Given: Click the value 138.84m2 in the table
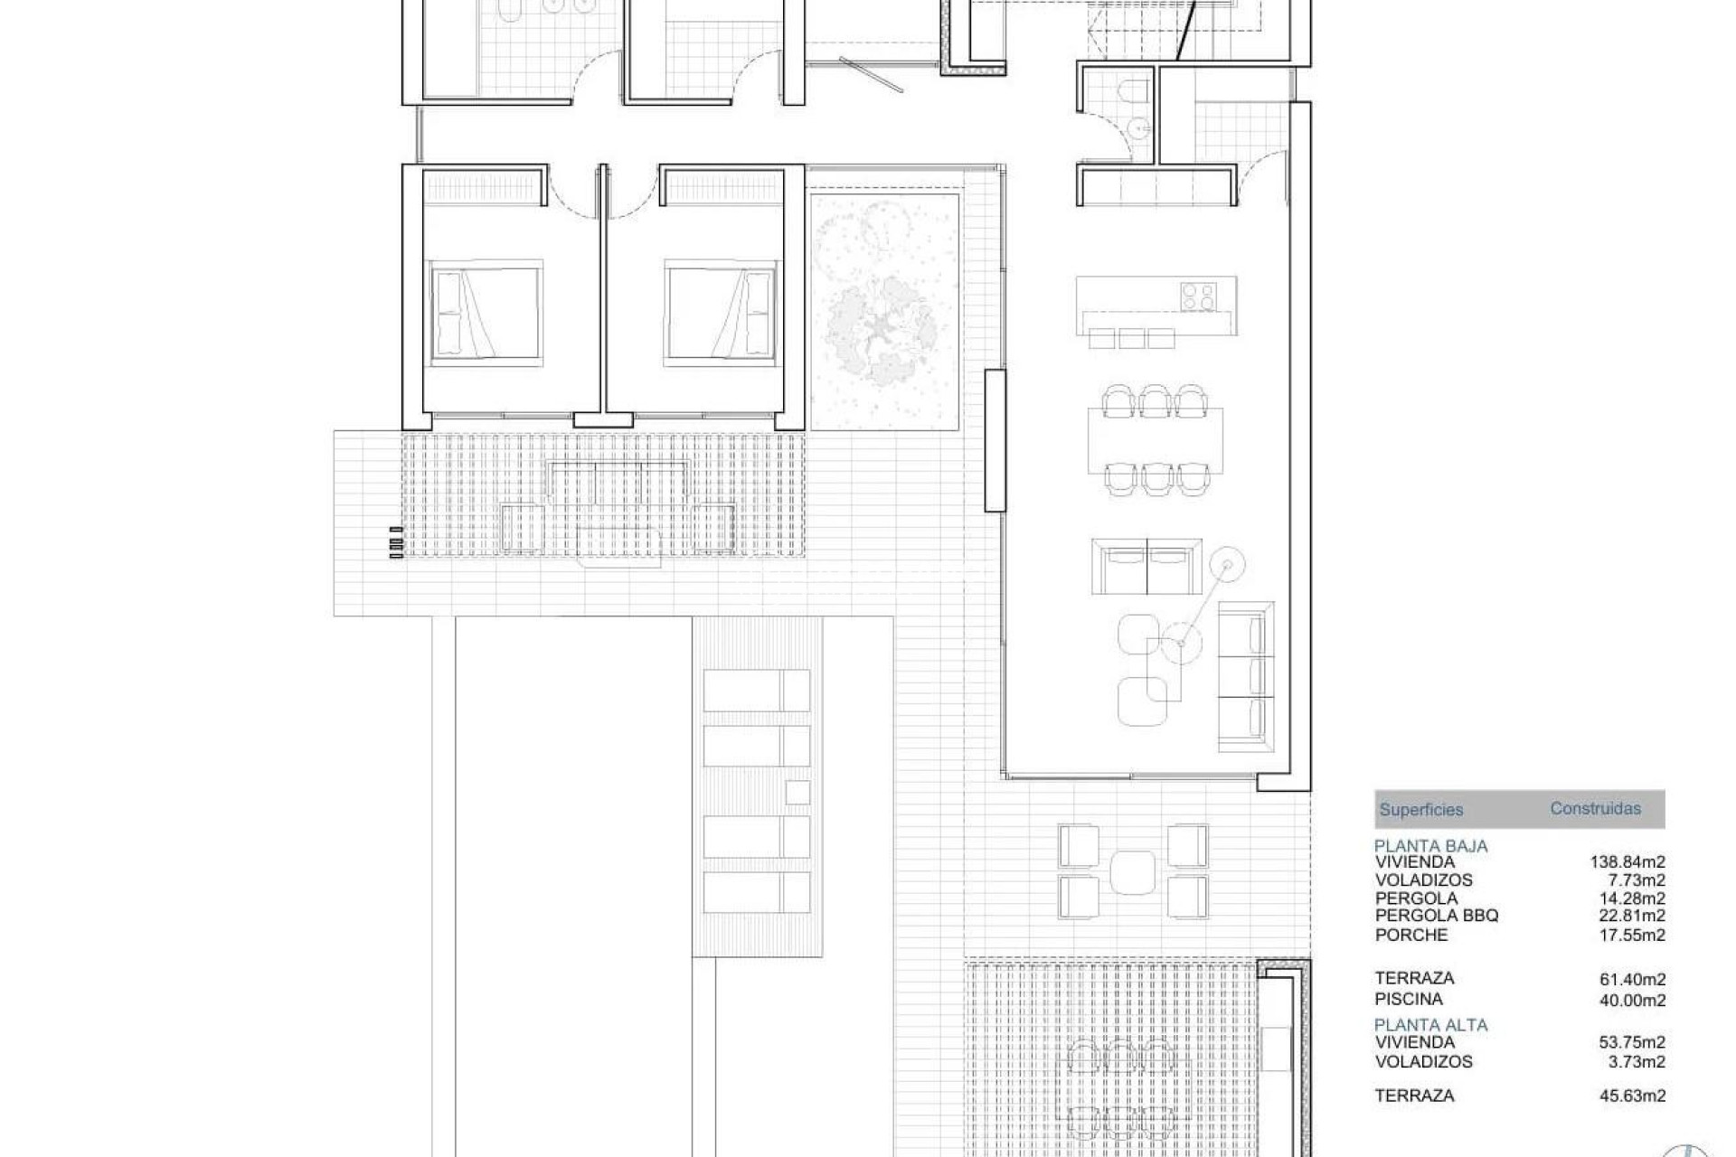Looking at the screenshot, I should (x=1627, y=861).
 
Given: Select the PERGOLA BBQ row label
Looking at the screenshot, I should (x=1437, y=916).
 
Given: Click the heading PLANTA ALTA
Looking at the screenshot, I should (x=1430, y=1024).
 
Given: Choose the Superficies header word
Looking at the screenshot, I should (x=1420, y=810).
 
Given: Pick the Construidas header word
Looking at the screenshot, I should (x=1595, y=808).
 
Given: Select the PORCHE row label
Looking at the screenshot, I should (x=1411, y=935).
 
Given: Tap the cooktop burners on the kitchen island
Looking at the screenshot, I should (x=1199, y=295).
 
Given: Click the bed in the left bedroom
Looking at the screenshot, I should (x=486, y=314).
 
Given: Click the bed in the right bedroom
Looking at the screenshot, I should (x=721, y=314).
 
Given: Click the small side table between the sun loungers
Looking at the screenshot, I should (x=797, y=792).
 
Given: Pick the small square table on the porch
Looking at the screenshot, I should (x=1133, y=871).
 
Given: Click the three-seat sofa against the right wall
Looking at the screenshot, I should (x=1245, y=676).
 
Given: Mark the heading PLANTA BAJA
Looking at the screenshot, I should (x=1430, y=846).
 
